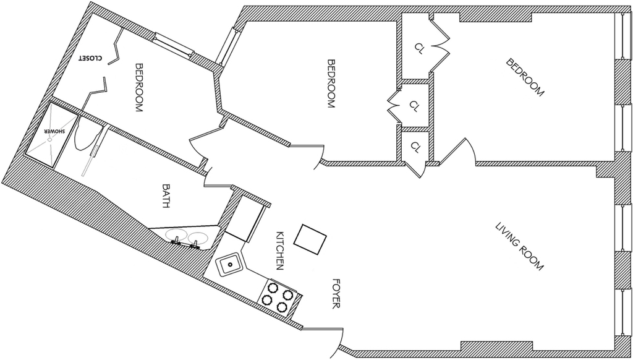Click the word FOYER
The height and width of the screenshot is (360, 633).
(336, 294)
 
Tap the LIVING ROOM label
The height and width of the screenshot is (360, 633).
(519, 247)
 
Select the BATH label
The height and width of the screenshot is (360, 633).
(166, 196)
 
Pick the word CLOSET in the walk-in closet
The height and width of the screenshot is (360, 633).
(90, 58)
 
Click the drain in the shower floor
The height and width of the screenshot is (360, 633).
(49, 140)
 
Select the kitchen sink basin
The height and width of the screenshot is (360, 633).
(229, 265)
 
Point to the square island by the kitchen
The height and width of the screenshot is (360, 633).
(310, 239)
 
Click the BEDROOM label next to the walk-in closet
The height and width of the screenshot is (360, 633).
(139, 87)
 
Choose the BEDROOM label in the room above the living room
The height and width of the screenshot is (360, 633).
(525, 77)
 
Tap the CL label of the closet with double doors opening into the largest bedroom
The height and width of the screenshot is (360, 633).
(420, 49)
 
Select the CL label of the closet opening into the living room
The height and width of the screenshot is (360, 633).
(415, 147)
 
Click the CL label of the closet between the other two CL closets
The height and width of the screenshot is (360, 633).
(414, 106)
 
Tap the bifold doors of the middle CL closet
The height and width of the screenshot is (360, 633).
(394, 106)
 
